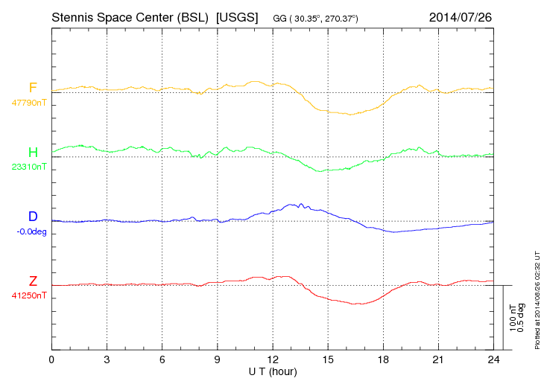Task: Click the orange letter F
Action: [33, 88]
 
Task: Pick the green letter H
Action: [33, 153]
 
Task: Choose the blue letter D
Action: [33, 217]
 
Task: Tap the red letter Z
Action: [33, 281]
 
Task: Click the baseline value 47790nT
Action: [28, 103]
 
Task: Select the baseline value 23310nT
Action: [28, 167]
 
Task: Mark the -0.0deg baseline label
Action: [31, 231]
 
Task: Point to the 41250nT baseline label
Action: [28, 295]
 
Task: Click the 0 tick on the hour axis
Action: [51, 359]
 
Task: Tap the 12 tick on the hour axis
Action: [273, 359]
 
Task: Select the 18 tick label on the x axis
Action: [383, 359]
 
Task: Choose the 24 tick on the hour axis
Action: [493, 359]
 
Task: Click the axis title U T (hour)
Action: [273, 370]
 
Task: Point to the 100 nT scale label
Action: [513, 318]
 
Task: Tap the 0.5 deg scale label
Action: [521, 318]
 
